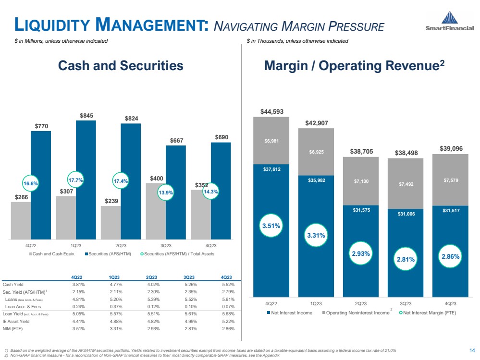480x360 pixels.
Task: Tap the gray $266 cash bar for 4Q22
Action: [21, 220]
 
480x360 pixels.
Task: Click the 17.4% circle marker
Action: [121, 182]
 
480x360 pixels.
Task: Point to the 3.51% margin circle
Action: [271, 226]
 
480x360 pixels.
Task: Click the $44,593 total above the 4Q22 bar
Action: [271, 112]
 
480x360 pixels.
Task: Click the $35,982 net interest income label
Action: [316, 181]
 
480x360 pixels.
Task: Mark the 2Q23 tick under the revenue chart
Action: [360, 303]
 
